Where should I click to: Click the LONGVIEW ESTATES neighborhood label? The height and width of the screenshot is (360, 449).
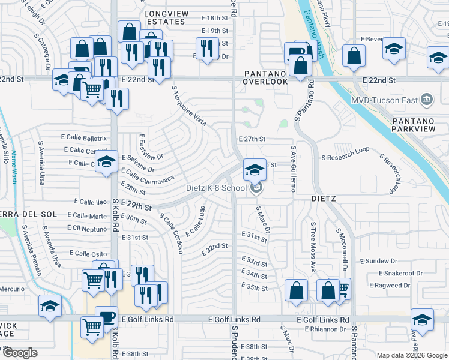tap(164, 17)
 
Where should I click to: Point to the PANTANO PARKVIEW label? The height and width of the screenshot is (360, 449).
tap(418, 125)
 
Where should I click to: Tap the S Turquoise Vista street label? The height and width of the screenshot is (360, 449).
tap(189, 106)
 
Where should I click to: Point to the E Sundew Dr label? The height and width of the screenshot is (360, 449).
tap(378, 261)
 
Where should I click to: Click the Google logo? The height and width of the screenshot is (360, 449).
tap(20, 353)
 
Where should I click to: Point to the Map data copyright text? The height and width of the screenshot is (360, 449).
tap(411, 355)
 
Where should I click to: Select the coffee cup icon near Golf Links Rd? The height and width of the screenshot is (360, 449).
tap(106, 317)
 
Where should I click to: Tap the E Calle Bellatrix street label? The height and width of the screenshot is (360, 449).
tap(84, 138)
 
